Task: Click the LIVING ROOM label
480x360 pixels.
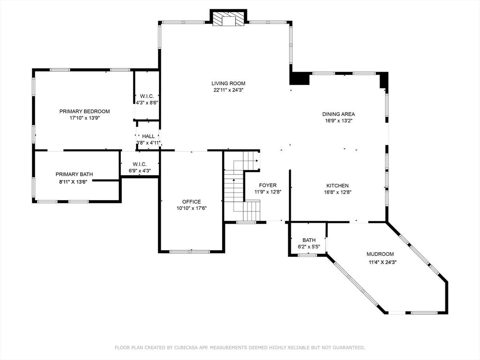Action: click(x=228, y=83)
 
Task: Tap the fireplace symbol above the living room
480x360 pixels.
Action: click(x=228, y=18)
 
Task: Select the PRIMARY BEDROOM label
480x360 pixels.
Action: click(x=84, y=112)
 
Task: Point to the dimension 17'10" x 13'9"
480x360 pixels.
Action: click(x=85, y=118)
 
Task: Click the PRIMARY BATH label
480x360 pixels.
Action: click(x=74, y=174)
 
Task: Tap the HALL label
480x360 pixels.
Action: click(x=149, y=136)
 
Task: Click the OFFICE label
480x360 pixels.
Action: click(x=192, y=202)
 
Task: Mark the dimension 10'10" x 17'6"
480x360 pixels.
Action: click(x=192, y=208)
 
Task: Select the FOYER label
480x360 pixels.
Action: click(x=268, y=185)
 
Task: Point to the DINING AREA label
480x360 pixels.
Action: click(x=338, y=114)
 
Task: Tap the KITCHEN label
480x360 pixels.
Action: click(x=337, y=186)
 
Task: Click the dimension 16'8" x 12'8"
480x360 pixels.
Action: click(x=337, y=192)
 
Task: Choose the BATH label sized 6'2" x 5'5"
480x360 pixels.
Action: click(x=309, y=240)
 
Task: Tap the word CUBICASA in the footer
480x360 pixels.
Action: click(x=187, y=347)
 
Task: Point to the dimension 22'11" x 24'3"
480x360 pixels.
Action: click(x=228, y=90)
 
